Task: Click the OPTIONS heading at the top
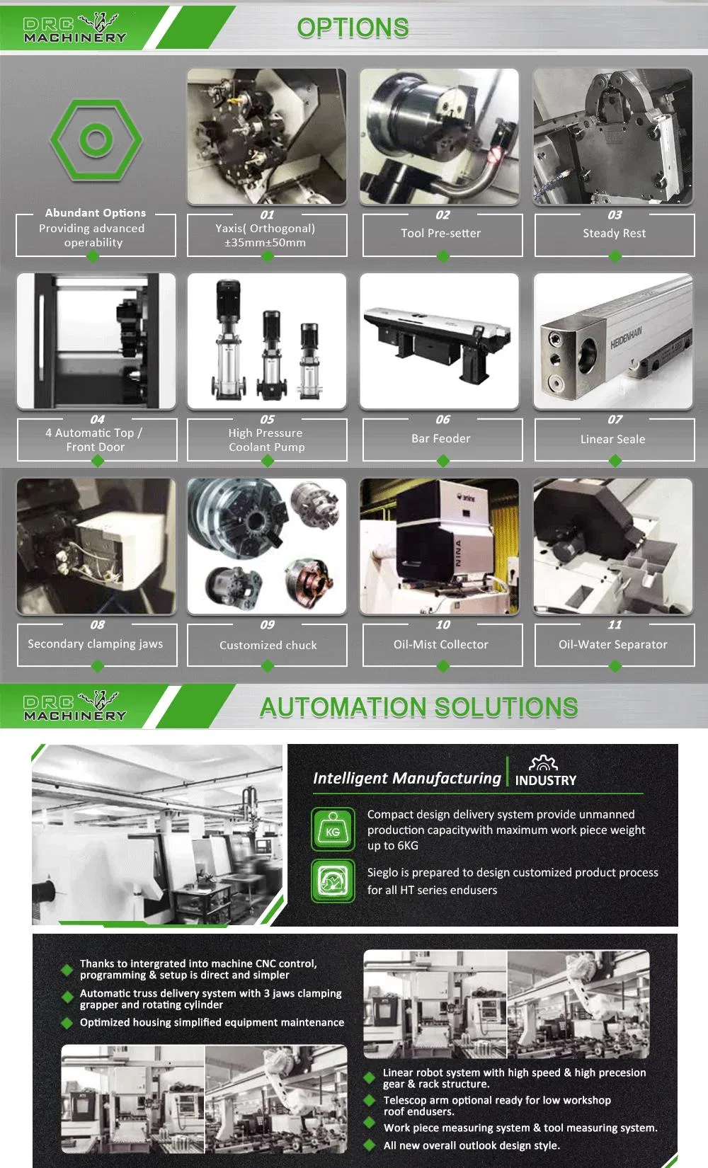(353, 28)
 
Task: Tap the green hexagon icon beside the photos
(96, 139)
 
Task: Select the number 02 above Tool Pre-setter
(442, 215)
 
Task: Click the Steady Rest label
(614, 234)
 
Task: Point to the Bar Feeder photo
(439, 341)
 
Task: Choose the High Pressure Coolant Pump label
(266, 440)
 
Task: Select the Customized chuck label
(268, 645)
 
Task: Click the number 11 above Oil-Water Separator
(615, 625)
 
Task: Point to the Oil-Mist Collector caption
(440, 644)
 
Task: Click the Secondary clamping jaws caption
(95, 643)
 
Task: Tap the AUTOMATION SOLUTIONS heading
(418, 707)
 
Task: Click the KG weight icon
(333, 829)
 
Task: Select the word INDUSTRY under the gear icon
(546, 781)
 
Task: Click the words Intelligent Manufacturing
(406, 778)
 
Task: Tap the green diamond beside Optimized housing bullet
(67, 1023)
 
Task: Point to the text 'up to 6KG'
(392, 846)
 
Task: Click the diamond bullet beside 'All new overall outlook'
(369, 1145)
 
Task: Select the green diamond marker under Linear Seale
(615, 462)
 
